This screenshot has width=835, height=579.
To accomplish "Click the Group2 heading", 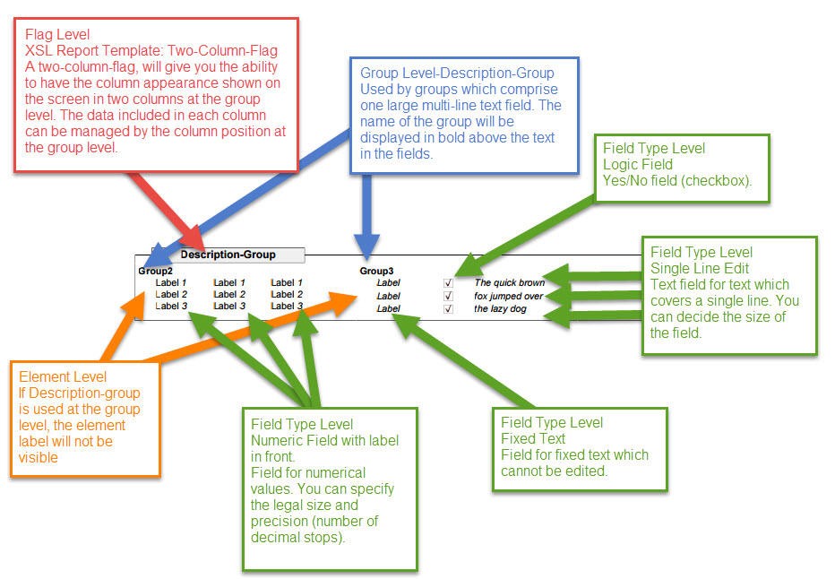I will pos(155,270).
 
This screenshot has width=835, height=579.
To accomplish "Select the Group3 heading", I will pos(376,270).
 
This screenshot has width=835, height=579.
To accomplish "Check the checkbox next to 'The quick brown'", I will pos(448,283).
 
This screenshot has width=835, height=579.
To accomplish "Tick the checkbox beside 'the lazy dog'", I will pos(448,309).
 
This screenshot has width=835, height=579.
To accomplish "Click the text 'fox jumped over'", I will pos(508,296).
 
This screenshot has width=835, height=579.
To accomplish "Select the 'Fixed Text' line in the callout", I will pos(532,438).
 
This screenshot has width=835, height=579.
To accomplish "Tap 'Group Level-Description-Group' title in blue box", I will pos(457,73).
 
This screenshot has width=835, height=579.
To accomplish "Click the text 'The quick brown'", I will pos(509,283).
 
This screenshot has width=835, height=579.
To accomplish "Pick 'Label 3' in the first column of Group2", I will pos(171,306).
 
